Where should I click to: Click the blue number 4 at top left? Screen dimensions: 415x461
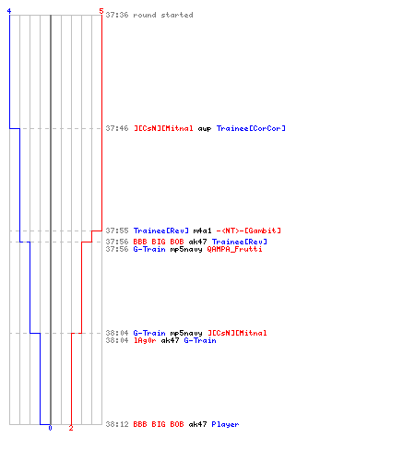coord(9,11)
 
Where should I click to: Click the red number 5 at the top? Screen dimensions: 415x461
coord(101,11)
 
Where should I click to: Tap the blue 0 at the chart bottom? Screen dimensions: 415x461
coord(50,428)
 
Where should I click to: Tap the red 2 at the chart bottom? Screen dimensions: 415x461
coord(71,428)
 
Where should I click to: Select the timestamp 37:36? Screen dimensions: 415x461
coord(117,15)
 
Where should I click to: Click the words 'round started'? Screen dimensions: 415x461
coord(163,15)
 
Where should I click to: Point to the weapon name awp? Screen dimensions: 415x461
coord(205,128)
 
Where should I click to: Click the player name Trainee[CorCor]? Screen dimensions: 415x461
coord(251,128)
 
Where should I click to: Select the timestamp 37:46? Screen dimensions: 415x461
coord(117,128)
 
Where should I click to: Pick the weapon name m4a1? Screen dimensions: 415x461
coord(202,230)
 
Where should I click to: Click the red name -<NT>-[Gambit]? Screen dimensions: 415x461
coord(249,230)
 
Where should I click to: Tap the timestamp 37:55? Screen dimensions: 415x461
coord(117,230)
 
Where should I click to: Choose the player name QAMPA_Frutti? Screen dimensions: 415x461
coord(234,249)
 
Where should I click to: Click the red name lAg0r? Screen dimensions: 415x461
coord(145,340)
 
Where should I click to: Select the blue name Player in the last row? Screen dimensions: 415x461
coord(225,424)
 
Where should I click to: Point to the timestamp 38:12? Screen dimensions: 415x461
coord(117,424)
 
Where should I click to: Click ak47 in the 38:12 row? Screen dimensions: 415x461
coord(197,424)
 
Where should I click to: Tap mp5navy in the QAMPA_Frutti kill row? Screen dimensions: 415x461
coord(186,249)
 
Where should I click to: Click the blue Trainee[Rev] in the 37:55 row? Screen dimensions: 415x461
coord(161,230)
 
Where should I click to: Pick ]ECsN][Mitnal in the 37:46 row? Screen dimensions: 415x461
coord(163,128)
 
